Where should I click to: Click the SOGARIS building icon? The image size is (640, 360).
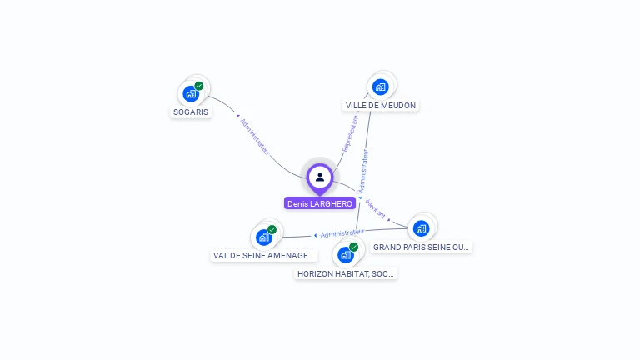click(x=191, y=94)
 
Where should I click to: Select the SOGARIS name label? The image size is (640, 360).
click(x=191, y=112)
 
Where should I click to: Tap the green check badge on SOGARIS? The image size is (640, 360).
click(x=199, y=86)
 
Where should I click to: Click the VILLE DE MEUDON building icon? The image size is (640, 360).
click(x=381, y=87)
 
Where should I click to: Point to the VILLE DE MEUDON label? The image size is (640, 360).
click(x=381, y=105)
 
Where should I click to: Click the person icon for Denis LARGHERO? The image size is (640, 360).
click(x=320, y=177)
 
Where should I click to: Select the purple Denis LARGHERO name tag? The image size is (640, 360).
click(x=320, y=203)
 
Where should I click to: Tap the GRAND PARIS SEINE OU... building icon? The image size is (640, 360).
click(x=421, y=228)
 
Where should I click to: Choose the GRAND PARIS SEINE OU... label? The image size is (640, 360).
click(x=422, y=247)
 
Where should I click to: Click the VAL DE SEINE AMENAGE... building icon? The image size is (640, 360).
click(x=264, y=237)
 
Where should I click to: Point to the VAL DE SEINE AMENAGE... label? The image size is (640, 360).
click(x=264, y=256)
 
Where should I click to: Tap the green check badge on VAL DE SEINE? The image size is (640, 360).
click(x=272, y=229)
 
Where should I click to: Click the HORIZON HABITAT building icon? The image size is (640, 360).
click(x=346, y=255)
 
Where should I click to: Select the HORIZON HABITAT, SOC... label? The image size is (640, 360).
click(x=347, y=273)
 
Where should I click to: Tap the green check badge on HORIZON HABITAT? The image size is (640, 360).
click(x=354, y=247)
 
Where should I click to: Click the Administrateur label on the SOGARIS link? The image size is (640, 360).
click(x=255, y=136)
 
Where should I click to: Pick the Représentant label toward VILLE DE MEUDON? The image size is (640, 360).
click(x=351, y=133)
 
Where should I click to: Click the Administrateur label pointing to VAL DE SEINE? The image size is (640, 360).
click(x=342, y=233)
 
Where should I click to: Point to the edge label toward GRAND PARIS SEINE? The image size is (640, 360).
click(x=376, y=210)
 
